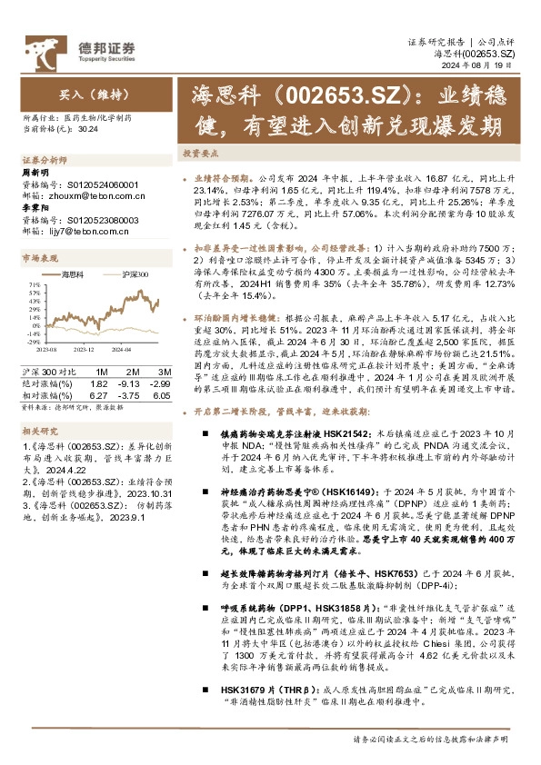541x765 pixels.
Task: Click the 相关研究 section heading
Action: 36,432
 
